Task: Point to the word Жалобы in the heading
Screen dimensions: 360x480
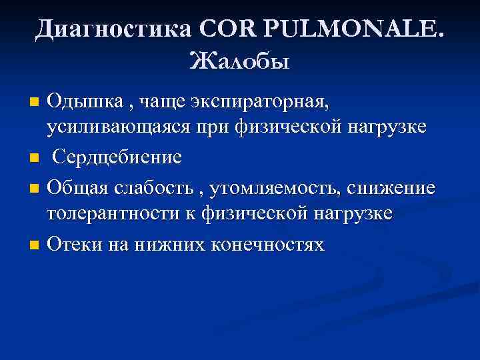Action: pyautogui.click(x=239, y=63)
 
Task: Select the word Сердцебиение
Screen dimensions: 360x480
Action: pyautogui.click(x=117, y=159)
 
